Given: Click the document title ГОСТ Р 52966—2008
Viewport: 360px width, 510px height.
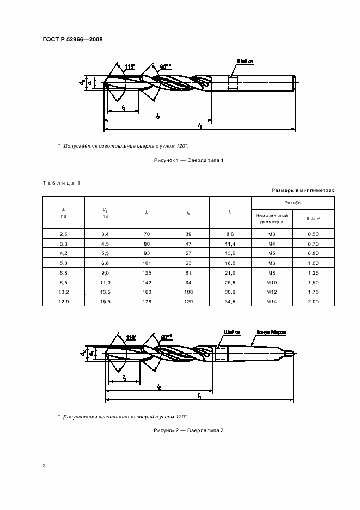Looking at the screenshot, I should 72,39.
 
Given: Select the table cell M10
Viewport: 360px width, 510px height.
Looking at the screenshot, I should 271,282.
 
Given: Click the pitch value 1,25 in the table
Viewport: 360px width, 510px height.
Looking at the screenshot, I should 313,273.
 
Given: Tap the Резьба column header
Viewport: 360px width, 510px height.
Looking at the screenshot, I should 292,202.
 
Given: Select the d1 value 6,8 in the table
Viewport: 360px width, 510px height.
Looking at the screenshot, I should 64,273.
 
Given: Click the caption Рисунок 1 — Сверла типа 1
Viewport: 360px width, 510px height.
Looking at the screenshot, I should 186,160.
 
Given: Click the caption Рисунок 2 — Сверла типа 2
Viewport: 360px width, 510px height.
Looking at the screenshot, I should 186,430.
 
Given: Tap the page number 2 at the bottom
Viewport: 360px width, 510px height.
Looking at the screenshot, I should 44,465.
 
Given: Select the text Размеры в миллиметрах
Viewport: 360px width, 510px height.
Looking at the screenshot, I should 302,190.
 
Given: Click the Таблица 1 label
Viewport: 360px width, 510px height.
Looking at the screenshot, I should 61,183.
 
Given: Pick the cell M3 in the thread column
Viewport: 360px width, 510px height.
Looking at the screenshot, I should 271,234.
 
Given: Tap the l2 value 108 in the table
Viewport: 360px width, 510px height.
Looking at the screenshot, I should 188,292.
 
